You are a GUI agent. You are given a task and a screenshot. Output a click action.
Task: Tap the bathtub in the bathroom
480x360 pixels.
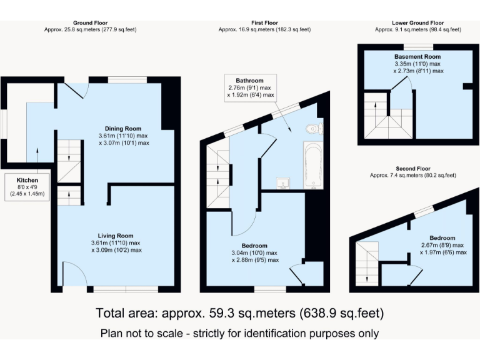[x=313, y=165]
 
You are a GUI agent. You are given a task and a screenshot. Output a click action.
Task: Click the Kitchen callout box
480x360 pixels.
[x=27, y=187]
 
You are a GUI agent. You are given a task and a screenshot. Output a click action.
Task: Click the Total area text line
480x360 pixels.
[x=239, y=312]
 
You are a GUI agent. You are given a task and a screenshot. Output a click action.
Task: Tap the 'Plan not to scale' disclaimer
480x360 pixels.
[x=239, y=333]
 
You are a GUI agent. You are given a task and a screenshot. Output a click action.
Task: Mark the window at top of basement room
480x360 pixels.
[x=418, y=47]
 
